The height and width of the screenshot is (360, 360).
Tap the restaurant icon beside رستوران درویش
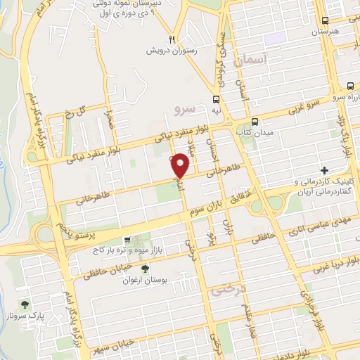pyautogui.click(x=171, y=39)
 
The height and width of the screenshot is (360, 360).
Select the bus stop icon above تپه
pyautogui.click(x=217, y=99)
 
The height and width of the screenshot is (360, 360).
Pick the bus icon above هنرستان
pyautogui.click(x=324, y=22)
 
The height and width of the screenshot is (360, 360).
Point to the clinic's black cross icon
pyautogui.click(x=324, y=170)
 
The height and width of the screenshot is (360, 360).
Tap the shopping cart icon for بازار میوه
pyautogui.click(x=127, y=240)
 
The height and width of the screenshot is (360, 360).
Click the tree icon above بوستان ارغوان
pyautogui.click(x=146, y=269)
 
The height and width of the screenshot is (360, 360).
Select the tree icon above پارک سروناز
pyautogui.click(x=26, y=304)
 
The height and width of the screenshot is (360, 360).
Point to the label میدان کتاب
pyautogui.click(x=255, y=131)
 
